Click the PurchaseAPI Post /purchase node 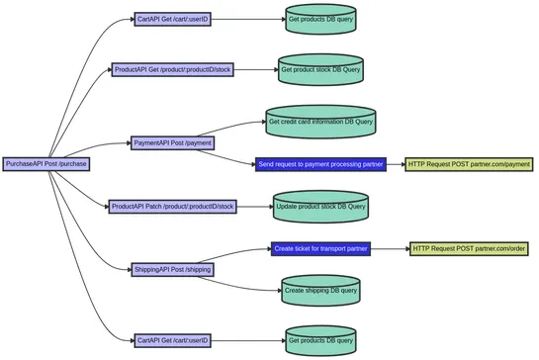click(x=45, y=164)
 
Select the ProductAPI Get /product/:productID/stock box click(x=173, y=69)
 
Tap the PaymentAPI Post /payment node click(x=172, y=143)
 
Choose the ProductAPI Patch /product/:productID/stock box click(x=173, y=207)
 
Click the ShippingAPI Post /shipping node click(x=172, y=269)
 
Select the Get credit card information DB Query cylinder click(x=320, y=123)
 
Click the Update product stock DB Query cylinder click(x=320, y=207)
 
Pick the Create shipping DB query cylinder click(x=320, y=290)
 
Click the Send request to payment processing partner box click(x=320, y=164)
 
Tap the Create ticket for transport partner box click(x=320, y=248)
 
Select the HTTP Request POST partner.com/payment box click(x=470, y=164)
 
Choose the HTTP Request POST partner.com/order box click(x=468, y=248)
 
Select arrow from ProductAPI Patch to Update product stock click(x=255, y=207)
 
